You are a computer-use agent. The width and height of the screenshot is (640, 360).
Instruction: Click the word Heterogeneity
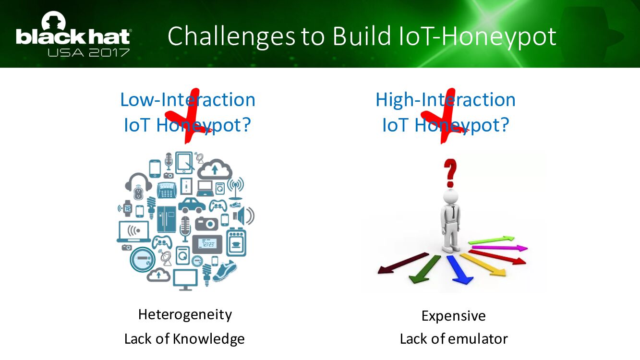(185, 315)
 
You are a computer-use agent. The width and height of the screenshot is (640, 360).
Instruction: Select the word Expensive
(453, 316)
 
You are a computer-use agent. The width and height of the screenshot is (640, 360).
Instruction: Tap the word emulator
(478, 339)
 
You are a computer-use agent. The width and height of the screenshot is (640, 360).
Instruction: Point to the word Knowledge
(208, 339)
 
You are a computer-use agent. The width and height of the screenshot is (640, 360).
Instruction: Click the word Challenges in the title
(231, 36)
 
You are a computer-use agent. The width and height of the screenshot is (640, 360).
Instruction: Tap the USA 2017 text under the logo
(88, 53)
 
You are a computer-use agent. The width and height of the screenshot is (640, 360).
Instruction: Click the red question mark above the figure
(450, 173)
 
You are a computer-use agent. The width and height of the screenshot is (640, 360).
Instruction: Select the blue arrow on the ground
(459, 269)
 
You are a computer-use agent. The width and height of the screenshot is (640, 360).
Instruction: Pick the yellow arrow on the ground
(483, 265)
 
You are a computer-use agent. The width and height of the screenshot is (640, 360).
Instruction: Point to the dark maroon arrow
(403, 263)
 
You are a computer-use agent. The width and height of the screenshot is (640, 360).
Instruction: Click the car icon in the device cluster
(192, 205)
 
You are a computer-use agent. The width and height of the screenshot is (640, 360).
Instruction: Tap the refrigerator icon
(166, 219)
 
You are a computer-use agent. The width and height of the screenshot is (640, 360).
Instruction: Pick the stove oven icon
(236, 242)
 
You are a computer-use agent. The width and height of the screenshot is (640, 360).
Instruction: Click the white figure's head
(450, 197)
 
